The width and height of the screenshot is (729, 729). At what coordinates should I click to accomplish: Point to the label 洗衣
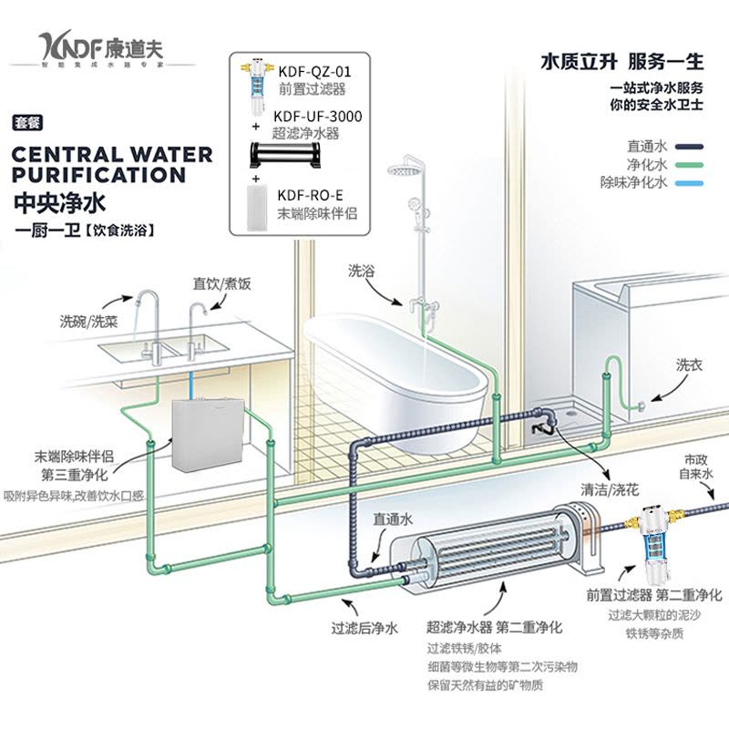point(688,364)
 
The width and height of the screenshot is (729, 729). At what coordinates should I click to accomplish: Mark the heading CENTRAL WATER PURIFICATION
point(111,164)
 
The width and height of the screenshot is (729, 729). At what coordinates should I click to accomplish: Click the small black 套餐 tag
point(28,122)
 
